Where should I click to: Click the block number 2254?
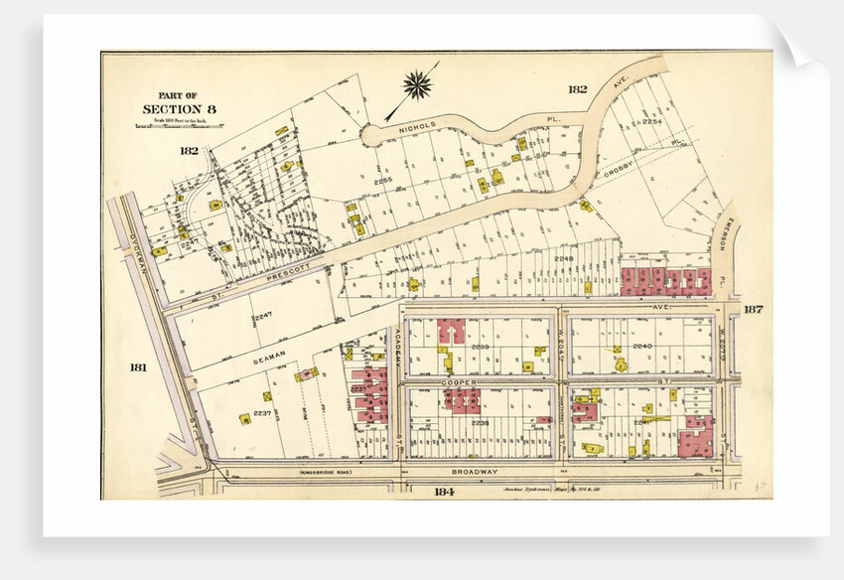click(x=651, y=121)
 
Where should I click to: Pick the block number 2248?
click(x=564, y=258)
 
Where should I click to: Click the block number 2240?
click(x=642, y=346)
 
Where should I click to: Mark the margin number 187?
click(x=753, y=310)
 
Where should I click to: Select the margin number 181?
click(x=138, y=367)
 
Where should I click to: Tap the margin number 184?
click(x=444, y=491)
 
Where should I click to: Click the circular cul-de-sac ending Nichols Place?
click(x=372, y=135)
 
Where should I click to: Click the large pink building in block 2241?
click(x=695, y=438)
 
